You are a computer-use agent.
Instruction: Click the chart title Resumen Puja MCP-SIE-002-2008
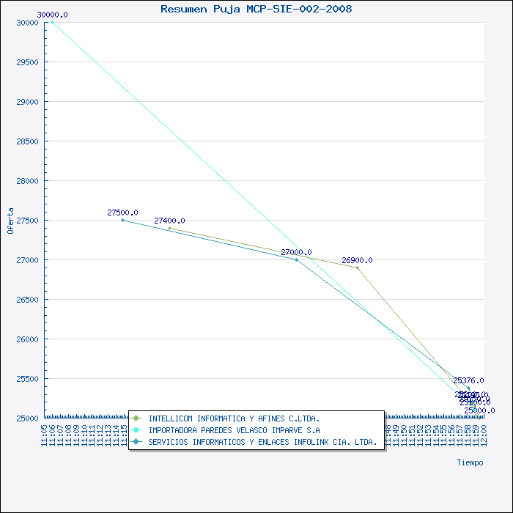click(256, 9)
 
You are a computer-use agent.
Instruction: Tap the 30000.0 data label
click(52, 15)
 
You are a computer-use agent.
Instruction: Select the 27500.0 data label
click(122, 213)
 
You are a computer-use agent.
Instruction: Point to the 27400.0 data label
click(169, 221)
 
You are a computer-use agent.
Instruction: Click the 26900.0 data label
click(357, 260)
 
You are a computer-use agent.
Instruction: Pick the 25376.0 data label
click(468, 380)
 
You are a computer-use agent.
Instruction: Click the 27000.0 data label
click(296, 252)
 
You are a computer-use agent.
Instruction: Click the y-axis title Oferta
click(10, 220)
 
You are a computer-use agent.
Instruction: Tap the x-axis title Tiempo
click(470, 462)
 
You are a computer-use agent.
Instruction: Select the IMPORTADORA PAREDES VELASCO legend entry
click(233, 430)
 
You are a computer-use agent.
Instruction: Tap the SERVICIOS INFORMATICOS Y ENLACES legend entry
click(262, 442)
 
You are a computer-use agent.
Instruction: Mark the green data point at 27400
click(169, 228)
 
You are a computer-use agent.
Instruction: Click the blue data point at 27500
click(122, 220)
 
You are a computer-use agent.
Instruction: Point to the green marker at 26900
click(357, 267)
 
